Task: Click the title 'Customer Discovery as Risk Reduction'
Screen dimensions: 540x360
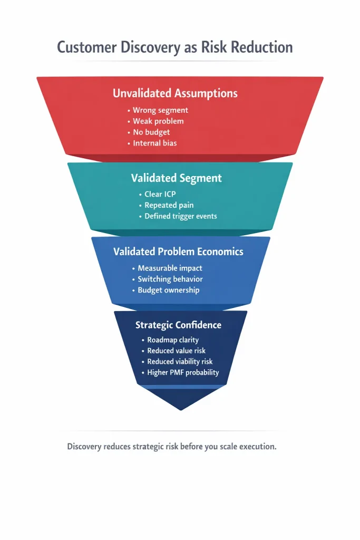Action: pyautogui.click(x=174, y=47)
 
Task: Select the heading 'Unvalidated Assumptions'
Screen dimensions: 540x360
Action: pyautogui.click(x=175, y=93)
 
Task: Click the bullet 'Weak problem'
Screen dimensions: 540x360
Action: pyautogui.click(x=158, y=121)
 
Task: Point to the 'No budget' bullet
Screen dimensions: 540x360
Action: pyautogui.click(x=151, y=132)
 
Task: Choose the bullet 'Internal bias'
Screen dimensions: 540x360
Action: pyautogui.click(x=154, y=143)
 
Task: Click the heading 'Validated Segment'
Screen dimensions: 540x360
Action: pyautogui.click(x=176, y=178)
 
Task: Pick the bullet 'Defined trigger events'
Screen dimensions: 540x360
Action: pyautogui.click(x=181, y=216)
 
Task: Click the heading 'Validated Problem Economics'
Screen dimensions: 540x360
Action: pyautogui.click(x=178, y=252)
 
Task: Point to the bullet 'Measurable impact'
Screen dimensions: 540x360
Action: pyautogui.click(x=170, y=268)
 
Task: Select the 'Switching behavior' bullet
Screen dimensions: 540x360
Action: pyautogui.click(x=170, y=279)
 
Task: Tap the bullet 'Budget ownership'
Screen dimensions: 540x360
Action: pyautogui.click(x=169, y=290)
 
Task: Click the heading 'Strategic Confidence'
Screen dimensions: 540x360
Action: pyautogui.click(x=178, y=325)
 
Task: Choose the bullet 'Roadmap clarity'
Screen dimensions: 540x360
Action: pyautogui.click(x=173, y=340)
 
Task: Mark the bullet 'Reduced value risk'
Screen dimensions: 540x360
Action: pyautogui.click(x=176, y=351)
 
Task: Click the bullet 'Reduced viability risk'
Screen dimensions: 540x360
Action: pyautogui.click(x=180, y=362)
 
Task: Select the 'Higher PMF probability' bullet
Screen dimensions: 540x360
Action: pyautogui.click(x=183, y=372)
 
